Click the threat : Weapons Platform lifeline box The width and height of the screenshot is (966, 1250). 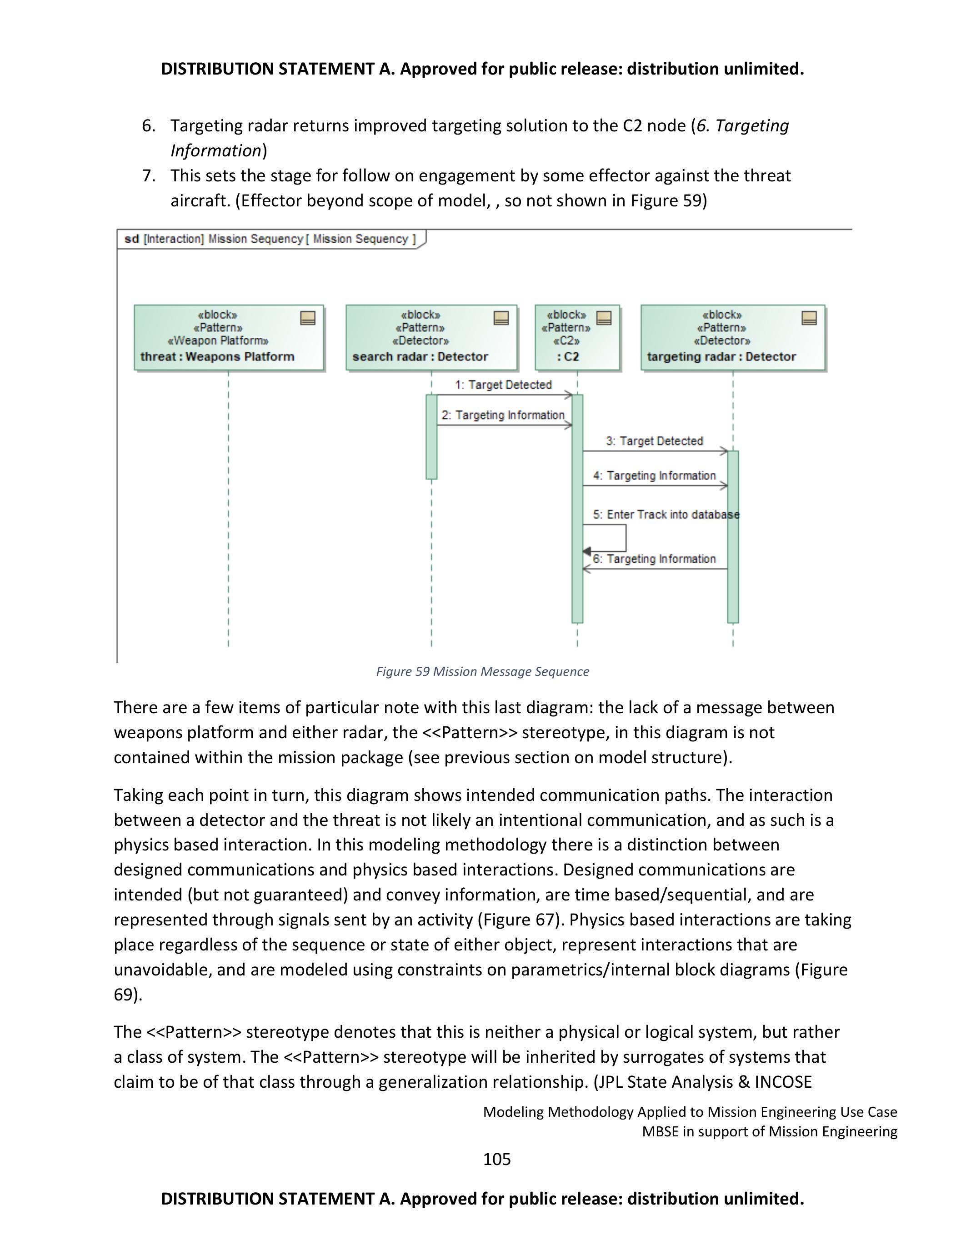coord(229,338)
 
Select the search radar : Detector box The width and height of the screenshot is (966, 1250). coord(431,338)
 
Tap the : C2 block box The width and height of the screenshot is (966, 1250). coord(577,338)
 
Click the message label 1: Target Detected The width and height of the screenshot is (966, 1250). coord(503,385)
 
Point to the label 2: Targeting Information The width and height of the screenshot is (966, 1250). coord(503,415)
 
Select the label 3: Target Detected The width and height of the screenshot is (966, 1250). coord(655,441)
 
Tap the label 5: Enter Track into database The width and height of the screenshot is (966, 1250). coord(666,515)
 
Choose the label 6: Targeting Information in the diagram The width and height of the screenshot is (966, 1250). coord(655,559)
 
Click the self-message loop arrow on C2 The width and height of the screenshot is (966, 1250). coord(625,538)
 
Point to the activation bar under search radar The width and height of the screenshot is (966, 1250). coord(431,436)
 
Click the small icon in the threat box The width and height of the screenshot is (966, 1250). coord(308,318)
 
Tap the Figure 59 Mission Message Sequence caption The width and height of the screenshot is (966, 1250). coord(482,672)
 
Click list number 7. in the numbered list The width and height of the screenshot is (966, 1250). coord(149,176)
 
